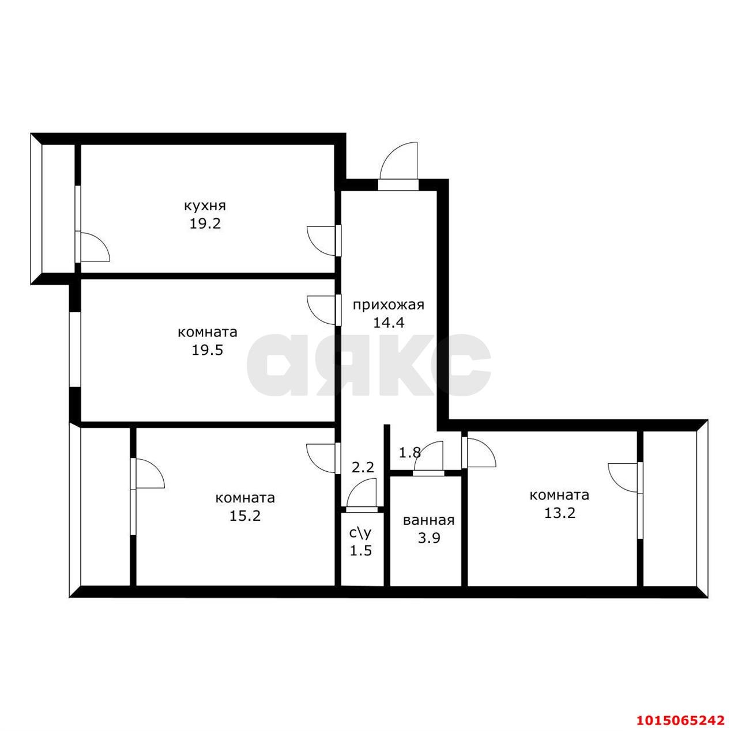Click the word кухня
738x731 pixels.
205,206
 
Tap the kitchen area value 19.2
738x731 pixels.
205,224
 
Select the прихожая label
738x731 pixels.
389,304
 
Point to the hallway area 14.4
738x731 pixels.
389,322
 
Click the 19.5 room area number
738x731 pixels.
208,350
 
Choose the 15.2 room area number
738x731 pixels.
245,515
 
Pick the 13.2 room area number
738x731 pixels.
559,513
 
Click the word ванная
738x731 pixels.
428,520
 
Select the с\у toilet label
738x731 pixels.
361,532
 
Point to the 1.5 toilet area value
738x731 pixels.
361,551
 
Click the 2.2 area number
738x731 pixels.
363,467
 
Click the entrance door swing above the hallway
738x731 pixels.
398,161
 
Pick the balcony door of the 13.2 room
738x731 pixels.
624,478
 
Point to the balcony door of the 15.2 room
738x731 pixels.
148,474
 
